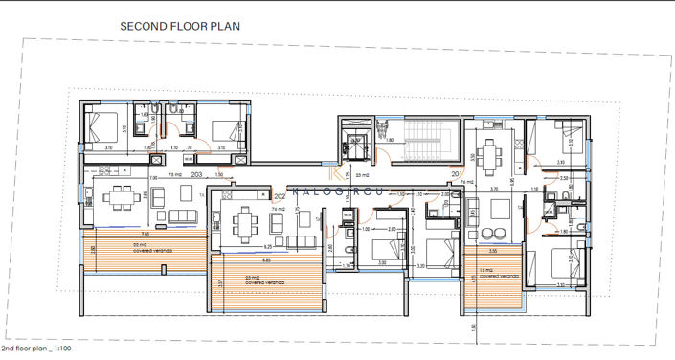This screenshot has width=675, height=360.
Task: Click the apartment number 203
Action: tap(197, 175)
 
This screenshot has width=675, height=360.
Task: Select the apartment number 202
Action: tap(280, 195)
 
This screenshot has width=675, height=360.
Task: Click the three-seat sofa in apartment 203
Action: tap(183, 216)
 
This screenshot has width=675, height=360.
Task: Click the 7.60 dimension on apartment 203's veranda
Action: tap(144, 234)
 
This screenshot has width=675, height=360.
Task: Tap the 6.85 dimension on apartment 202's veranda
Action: tap(267, 259)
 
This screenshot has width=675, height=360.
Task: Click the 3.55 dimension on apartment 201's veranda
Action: tap(491, 252)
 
